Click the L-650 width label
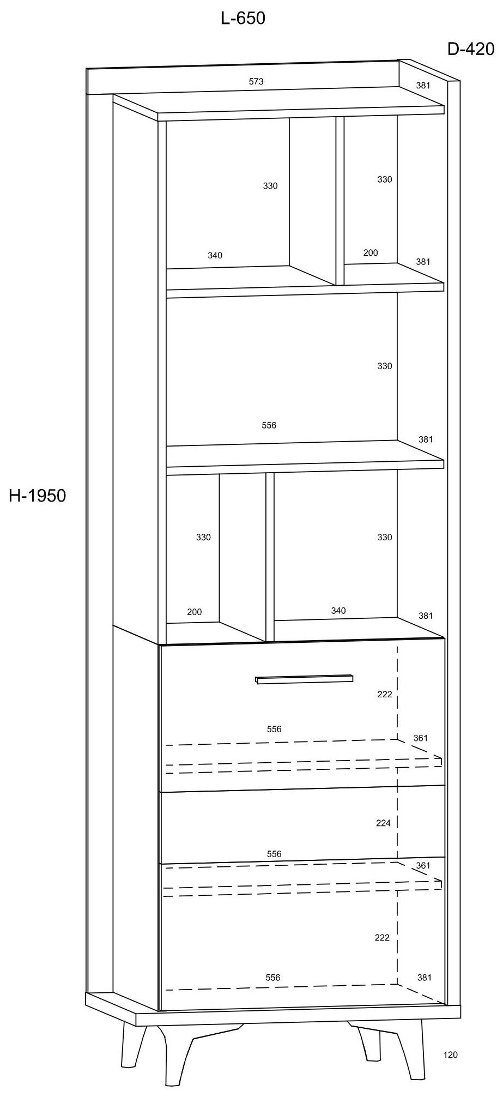[x=243, y=19]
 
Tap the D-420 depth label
[x=470, y=49]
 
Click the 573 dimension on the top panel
[x=256, y=81]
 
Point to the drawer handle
[x=304, y=679]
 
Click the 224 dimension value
[x=383, y=823]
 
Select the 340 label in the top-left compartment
[x=215, y=255]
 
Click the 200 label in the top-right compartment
[x=371, y=252]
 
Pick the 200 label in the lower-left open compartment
[x=195, y=612]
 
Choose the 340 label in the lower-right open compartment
[x=338, y=611]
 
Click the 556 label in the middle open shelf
[x=269, y=425]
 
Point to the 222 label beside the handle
[x=385, y=695]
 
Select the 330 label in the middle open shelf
[x=385, y=366]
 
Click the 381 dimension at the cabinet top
[x=423, y=85]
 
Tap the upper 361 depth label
[x=421, y=738]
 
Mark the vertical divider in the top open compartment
[x=340, y=201]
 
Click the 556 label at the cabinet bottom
[x=273, y=978]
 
